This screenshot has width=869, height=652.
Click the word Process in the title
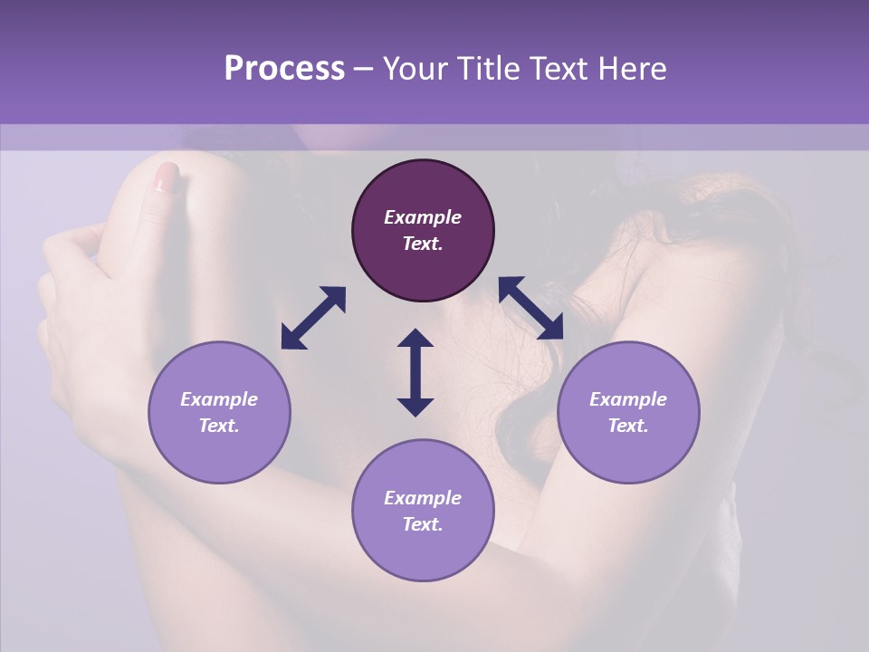284,69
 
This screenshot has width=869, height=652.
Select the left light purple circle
219,412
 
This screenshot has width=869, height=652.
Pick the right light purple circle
628,412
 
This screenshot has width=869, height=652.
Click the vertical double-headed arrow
415,372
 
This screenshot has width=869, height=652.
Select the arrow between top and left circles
313,318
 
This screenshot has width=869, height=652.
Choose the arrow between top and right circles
531,308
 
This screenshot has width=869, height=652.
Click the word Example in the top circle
423,217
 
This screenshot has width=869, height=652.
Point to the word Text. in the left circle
219,426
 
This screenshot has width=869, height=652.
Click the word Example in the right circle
628,399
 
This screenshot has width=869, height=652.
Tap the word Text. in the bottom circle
423,524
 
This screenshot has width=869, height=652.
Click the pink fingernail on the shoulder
167,177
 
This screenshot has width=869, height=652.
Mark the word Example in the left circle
219,399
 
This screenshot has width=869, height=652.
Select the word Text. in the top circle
423,244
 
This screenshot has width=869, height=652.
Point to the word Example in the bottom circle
423,498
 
